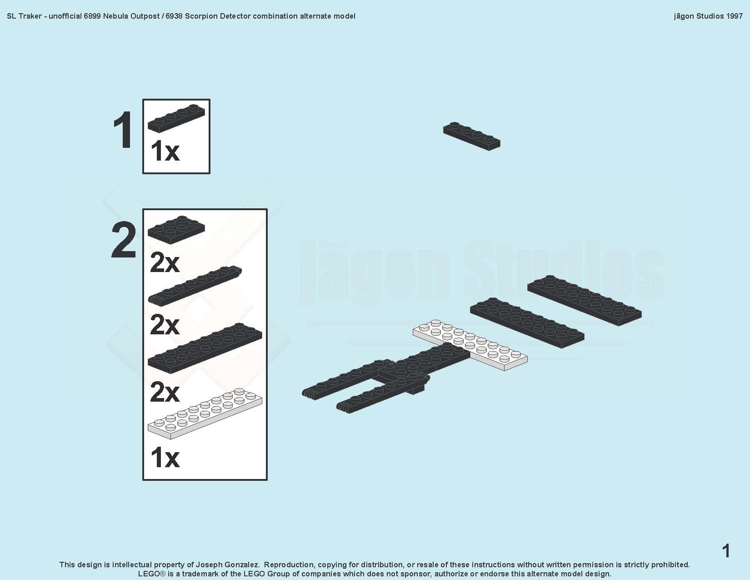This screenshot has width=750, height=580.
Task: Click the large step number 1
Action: (123, 130)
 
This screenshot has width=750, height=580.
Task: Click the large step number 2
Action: (123, 240)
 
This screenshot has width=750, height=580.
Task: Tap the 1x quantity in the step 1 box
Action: (165, 151)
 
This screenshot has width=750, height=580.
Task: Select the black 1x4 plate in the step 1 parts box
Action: (176, 118)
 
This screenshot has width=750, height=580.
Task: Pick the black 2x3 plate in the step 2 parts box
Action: (176, 230)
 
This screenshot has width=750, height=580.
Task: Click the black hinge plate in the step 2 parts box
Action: (195, 285)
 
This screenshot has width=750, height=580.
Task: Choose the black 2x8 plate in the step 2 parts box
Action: (205, 348)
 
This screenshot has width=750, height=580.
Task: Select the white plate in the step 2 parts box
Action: (205, 414)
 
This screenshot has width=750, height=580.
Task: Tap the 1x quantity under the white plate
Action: (165, 458)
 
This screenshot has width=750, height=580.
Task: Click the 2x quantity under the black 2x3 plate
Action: (165, 263)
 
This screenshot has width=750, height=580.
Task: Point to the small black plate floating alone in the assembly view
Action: (472, 136)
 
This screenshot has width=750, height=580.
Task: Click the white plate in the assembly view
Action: (470, 345)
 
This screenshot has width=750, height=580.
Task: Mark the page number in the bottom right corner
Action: (726, 550)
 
